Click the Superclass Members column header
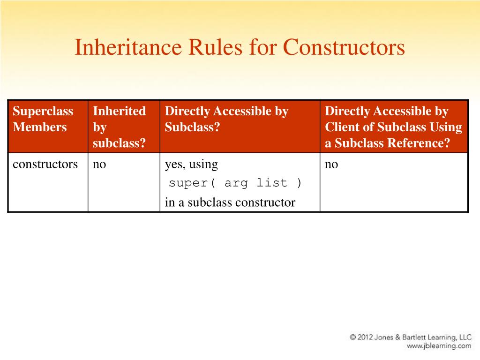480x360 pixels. point(43,119)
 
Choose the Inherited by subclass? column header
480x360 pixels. point(119,127)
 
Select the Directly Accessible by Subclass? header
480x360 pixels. point(226,119)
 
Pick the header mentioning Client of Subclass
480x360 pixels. point(393,127)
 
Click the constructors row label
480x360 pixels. point(45,165)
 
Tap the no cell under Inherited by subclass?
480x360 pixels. point(99,165)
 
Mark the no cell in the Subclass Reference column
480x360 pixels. point(331,165)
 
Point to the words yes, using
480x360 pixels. point(191,165)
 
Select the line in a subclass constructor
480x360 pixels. point(230,202)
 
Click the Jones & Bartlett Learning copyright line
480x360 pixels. point(410,337)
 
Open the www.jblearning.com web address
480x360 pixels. point(439,346)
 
